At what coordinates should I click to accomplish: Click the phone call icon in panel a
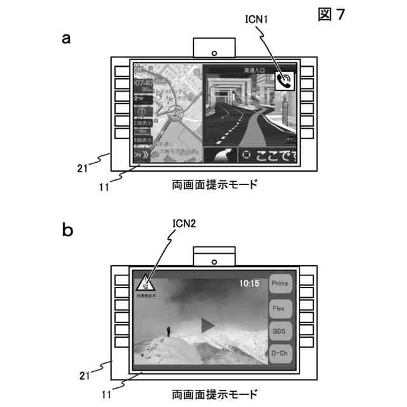click(286, 80)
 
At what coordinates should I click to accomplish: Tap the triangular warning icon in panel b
click(145, 282)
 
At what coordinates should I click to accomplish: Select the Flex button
click(279, 308)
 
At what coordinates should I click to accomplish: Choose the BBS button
click(279, 331)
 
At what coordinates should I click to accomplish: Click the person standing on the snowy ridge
click(168, 331)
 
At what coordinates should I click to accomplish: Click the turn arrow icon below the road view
click(220, 156)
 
